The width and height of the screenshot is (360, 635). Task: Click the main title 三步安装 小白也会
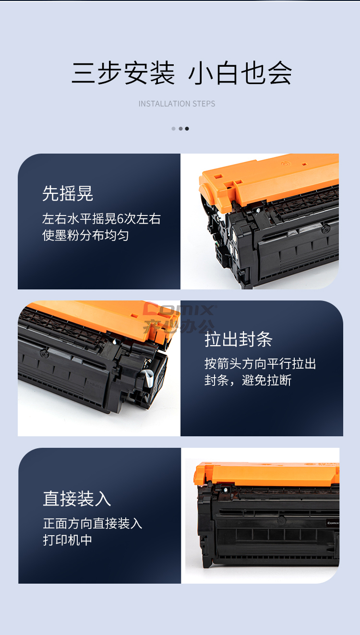tap(181, 73)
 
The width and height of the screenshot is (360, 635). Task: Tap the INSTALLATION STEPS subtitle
tap(177, 104)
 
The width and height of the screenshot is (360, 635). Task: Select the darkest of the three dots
tap(187, 129)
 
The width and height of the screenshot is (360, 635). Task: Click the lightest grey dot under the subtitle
tap(173, 129)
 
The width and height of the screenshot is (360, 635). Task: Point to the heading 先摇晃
tap(68, 193)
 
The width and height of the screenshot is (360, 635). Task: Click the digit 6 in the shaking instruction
tap(120, 219)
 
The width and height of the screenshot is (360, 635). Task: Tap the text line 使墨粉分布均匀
tap(85, 235)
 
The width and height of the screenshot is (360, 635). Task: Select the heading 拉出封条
tap(239, 339)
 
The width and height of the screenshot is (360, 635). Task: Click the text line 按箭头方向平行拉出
tap(260, 364)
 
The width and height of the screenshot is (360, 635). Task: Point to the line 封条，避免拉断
tap(248, 380)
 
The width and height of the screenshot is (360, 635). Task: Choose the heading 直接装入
tap(77, 499)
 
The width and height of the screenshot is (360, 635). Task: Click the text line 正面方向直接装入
tap(93, 523)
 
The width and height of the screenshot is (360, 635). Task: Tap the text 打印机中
tap(68, 540)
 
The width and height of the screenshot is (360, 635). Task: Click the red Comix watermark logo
tap(179, 318)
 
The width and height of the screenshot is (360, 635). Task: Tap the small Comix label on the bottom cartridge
tap(333, 523)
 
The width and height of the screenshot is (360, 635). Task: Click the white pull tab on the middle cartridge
tap(147, 378)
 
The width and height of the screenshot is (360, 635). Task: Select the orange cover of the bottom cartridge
tap(266, 473)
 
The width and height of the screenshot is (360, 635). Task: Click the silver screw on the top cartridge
tap(258, 210)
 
